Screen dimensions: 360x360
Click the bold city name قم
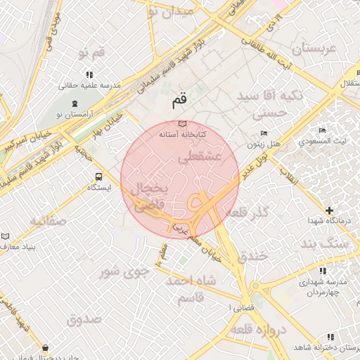[x=179, y=101]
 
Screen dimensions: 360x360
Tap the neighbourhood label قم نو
[x=91, y=54]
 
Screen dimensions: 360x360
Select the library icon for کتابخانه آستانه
[x=182, y=123]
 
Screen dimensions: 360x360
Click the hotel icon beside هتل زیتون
[x=264, y=134]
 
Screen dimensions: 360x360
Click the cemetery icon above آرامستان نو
[x=58, y=112]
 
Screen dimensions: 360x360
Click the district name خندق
[x=252, y=256]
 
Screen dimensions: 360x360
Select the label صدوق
[x=84, y=319]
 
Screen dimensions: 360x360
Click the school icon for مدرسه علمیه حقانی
[x=89, y=75]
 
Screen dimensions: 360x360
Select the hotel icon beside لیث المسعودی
[x=322, y=131]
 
